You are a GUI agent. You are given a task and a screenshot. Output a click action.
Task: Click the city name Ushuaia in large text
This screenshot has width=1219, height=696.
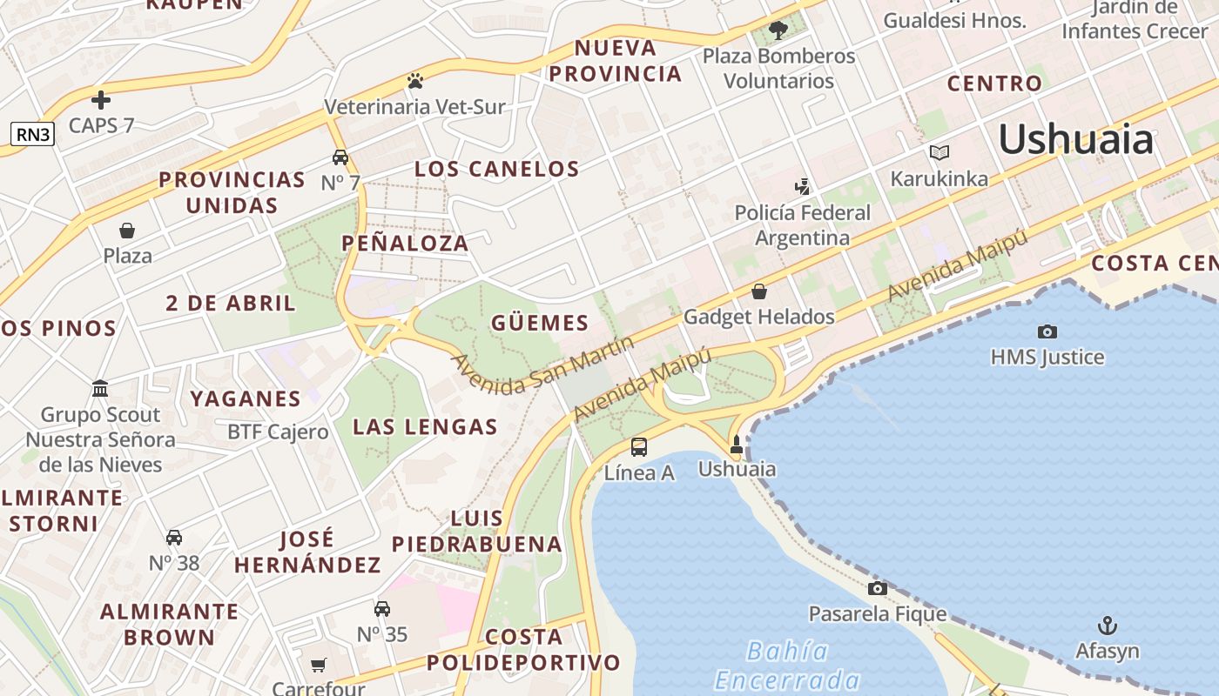point(1076,139)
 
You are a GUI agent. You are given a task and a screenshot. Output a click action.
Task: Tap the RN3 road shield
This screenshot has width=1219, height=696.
point(32,134)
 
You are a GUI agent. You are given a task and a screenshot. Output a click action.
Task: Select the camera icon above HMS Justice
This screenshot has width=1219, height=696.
point(1047,331)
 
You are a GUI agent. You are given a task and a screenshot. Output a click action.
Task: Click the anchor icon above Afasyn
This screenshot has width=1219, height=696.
point(1107,626)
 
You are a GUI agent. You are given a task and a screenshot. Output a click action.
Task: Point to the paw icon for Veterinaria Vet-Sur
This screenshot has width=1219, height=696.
point(414,82)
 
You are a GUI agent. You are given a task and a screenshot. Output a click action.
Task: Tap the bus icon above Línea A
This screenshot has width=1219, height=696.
point(639,447)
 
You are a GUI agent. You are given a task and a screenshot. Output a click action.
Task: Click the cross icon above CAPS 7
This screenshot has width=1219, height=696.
point(101,100)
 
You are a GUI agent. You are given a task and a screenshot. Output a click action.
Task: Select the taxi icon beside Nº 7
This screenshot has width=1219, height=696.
point(340,157)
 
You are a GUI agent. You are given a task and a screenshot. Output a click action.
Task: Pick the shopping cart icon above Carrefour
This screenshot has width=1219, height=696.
point(319,665)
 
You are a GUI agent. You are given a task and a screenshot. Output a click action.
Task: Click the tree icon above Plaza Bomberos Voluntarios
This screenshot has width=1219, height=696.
point(778,30)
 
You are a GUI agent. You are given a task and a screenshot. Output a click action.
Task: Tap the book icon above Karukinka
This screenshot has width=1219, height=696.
point(939,153)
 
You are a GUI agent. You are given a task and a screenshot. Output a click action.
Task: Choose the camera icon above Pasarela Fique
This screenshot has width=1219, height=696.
point(878,589)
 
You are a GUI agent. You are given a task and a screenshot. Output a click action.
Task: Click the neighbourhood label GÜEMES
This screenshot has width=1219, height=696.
point(540,324)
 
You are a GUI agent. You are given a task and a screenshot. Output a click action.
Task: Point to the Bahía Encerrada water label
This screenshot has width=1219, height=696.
point(788,666)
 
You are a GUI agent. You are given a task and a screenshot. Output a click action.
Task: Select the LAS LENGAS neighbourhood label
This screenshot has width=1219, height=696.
point(425,426)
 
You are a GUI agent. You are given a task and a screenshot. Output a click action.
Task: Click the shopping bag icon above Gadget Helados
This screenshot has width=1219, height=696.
point(759,291)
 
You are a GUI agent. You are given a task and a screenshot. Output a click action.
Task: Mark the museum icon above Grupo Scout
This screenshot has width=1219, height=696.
point(100,388)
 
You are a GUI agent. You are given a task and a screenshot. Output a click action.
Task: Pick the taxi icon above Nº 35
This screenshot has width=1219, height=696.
point(382,609)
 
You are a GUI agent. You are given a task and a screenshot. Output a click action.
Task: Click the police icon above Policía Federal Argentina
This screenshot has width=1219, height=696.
point(802,186)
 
